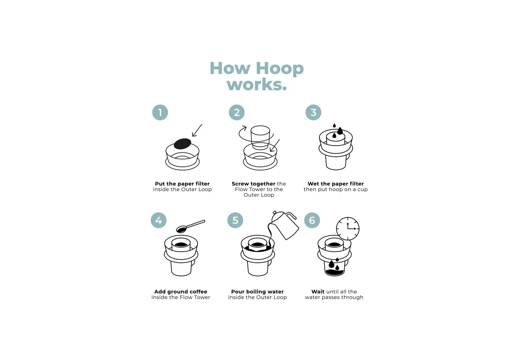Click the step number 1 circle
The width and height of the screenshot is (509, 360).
[160, 112]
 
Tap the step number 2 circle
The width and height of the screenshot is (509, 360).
[237, 112]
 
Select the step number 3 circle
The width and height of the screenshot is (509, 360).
[313, 112]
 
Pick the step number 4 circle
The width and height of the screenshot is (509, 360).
[159, 220]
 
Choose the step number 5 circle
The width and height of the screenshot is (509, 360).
[235, 220]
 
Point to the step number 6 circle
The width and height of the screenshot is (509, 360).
[312, 220]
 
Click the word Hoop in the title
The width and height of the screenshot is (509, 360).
[279, 68]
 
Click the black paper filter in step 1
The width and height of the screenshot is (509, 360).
[182, 144]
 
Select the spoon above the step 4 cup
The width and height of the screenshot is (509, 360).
[191, 226]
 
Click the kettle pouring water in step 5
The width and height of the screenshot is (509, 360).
[285, 224]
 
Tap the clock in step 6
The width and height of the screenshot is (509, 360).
[348, 229]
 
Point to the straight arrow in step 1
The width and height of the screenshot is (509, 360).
[197, 130]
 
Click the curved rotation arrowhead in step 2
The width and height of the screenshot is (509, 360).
[244, 128]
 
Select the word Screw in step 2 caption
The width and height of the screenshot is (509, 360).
[242, 184]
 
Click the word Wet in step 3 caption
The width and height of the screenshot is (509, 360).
[313, 184]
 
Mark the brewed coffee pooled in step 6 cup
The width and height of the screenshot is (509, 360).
[335, 272]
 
